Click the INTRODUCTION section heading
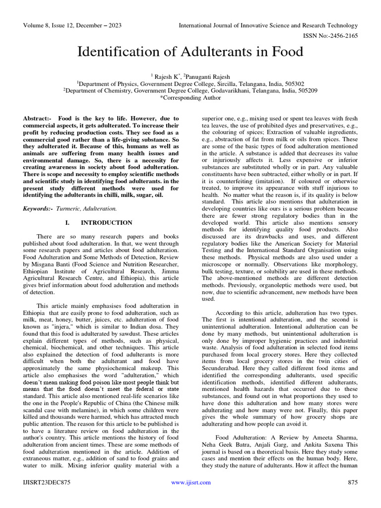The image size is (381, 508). click(106, 223)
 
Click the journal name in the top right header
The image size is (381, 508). click(268, 25)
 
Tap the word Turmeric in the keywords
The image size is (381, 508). click(68, 209)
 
